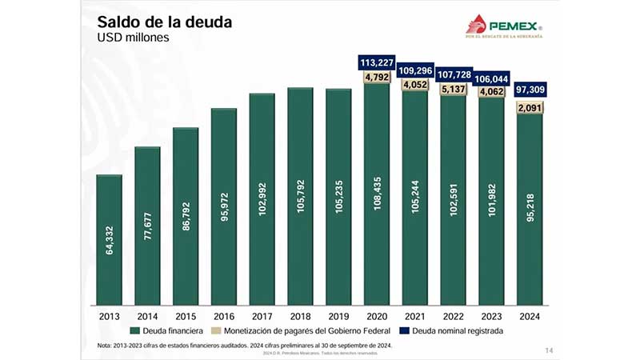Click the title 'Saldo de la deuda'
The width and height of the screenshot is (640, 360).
pos(164,22)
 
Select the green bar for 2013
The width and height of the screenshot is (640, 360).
pos(109,240)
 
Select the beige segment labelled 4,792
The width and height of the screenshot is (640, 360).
pos(376,78)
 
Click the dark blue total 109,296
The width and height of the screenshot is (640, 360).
pos(414,70)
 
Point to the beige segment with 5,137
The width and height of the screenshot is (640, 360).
pos(453,89)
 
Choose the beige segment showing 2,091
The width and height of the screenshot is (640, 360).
pos(530,107)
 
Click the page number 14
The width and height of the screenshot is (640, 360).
pos(548,350)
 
